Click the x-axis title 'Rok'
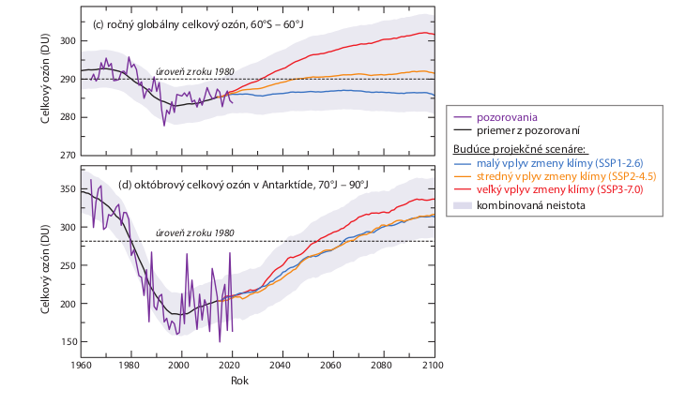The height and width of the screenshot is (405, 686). pyautogui.click(x=240, y=382)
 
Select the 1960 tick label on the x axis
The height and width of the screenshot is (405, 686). pyautogui.click(x=81, y=366)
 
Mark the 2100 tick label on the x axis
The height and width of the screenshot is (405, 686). pyautogui.click(x=433, y=366)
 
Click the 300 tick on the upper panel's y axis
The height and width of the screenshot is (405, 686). pyautogui.click(x=67, y=41)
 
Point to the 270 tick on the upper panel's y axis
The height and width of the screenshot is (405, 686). pyautogui.click(x=67, y=155)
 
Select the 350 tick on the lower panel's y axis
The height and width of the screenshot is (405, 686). pyautogui.click(x=67, y=189)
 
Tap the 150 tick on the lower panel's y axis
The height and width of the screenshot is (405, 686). pyautogui.click(x=67, y=342)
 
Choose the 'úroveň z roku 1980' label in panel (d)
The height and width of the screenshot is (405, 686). pyautogui.click(x=194, y=233)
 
